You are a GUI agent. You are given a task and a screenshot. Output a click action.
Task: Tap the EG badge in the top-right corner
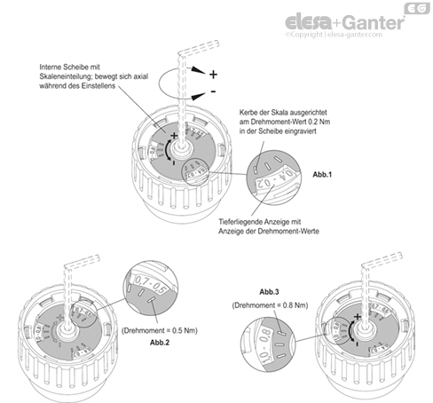pyautogui.click(x=414, y=9)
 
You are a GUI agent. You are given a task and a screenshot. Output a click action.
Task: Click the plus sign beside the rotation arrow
pyautogui.click(x=213, y=75)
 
